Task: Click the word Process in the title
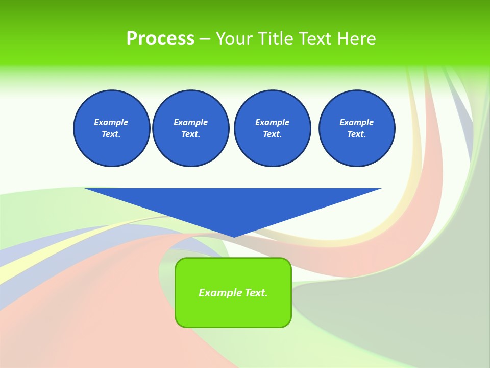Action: [x=160, y=39]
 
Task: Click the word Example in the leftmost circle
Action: [x=111, y=122]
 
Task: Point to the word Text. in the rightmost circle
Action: [x=357, y=134]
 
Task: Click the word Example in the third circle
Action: [x=272, y=122]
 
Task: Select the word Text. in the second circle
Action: [x=191, y=134]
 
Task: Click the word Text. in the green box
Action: [x=256, y=293]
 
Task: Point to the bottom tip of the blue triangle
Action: [x=234, y=236]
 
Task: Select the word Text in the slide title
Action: [x=313, y=39]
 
